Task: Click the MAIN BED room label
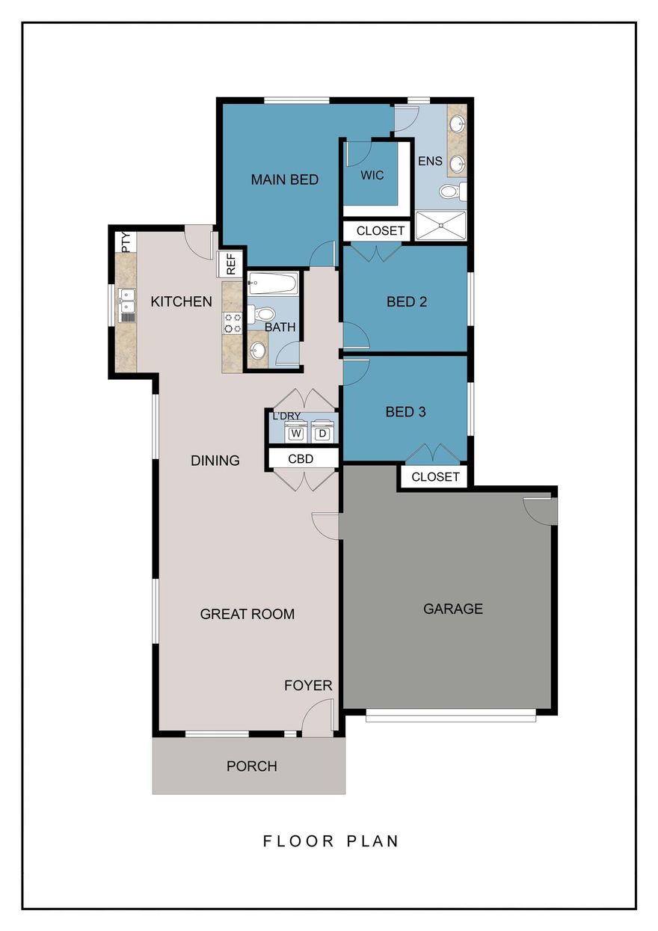click(284, 179)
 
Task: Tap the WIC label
click(372, 175)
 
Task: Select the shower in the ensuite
click(440, 225)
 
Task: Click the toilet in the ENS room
click(451, 192)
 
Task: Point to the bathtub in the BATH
click(273, 283)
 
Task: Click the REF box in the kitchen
click(230, 262)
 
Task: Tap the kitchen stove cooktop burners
click(233, 322)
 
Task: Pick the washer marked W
click(296, 433)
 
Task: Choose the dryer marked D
click(322, 433)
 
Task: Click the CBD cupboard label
click(301, 458)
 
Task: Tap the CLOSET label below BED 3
click(435, 476)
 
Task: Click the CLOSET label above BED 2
click(380, 231)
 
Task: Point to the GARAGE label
click(452, 609)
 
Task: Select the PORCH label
click(252, 766)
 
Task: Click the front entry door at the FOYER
click(317, 719)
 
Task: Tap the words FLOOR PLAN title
click(330, 841)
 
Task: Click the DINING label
click(215, 461)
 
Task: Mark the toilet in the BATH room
click(256, 313)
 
